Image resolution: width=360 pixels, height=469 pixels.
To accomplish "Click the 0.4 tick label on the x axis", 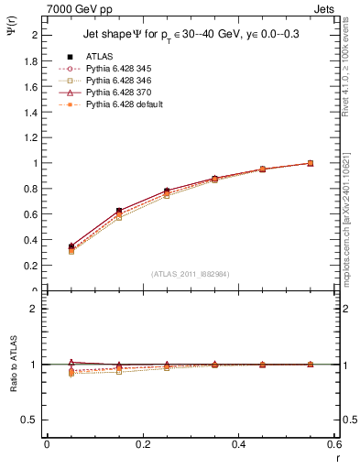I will (238, 443).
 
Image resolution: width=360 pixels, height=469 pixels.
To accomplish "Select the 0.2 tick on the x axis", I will (142, 443).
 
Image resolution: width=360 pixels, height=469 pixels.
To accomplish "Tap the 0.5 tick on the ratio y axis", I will (32, 420).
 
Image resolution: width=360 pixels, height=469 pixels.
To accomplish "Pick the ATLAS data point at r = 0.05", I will (71, 246).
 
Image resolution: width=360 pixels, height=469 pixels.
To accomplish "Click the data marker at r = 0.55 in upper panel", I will (311, 163).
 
